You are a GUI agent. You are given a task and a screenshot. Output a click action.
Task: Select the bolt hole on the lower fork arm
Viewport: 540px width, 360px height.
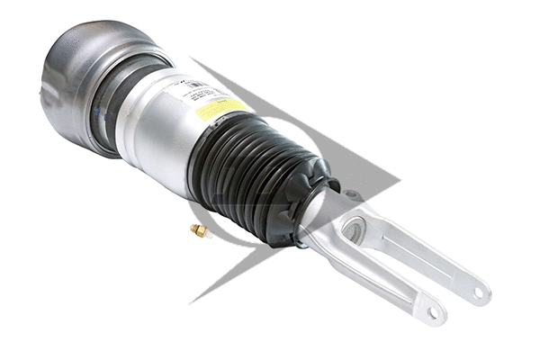pos(436,312)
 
